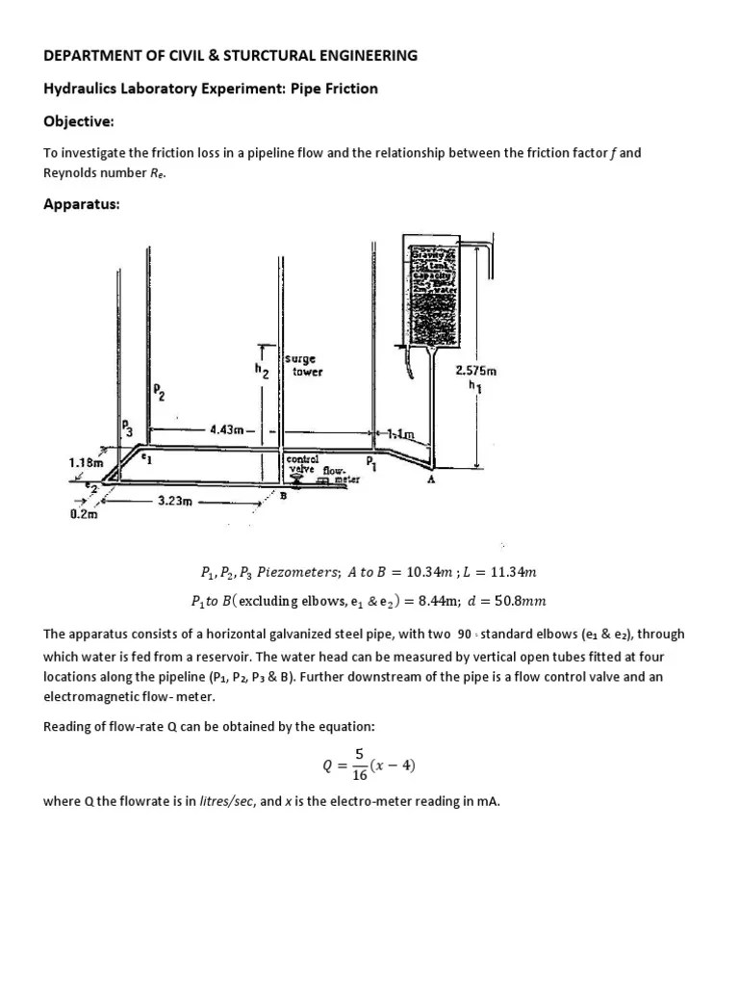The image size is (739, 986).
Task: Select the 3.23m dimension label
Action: (x=175, y=501)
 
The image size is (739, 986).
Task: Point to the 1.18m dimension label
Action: (x=86, y=462)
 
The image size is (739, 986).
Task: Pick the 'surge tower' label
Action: (x=307, y=365)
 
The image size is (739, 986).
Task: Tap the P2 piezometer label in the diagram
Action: (x=158, y=391)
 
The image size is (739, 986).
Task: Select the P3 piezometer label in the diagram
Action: (x=128, y=428)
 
